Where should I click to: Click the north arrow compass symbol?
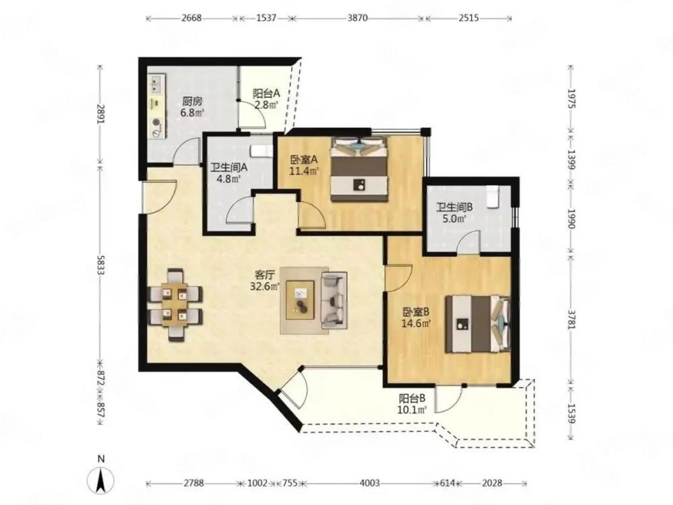(101, 478)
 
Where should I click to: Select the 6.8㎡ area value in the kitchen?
(192, 113)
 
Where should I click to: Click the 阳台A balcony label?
(266, 93)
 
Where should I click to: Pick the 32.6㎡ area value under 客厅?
(265, 286)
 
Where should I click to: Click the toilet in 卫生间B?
(492, 196)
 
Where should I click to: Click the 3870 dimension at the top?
(357, 18)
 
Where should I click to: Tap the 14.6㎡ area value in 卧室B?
(416, 323)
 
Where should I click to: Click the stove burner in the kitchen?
(157, 122)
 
